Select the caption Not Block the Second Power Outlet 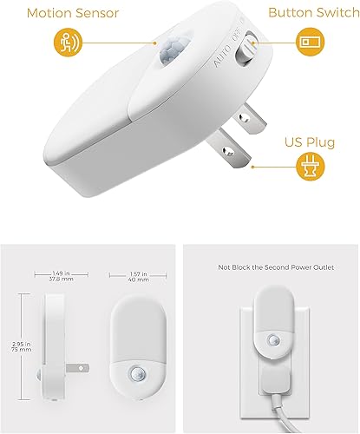pyautogui.click(x=271, y=269)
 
